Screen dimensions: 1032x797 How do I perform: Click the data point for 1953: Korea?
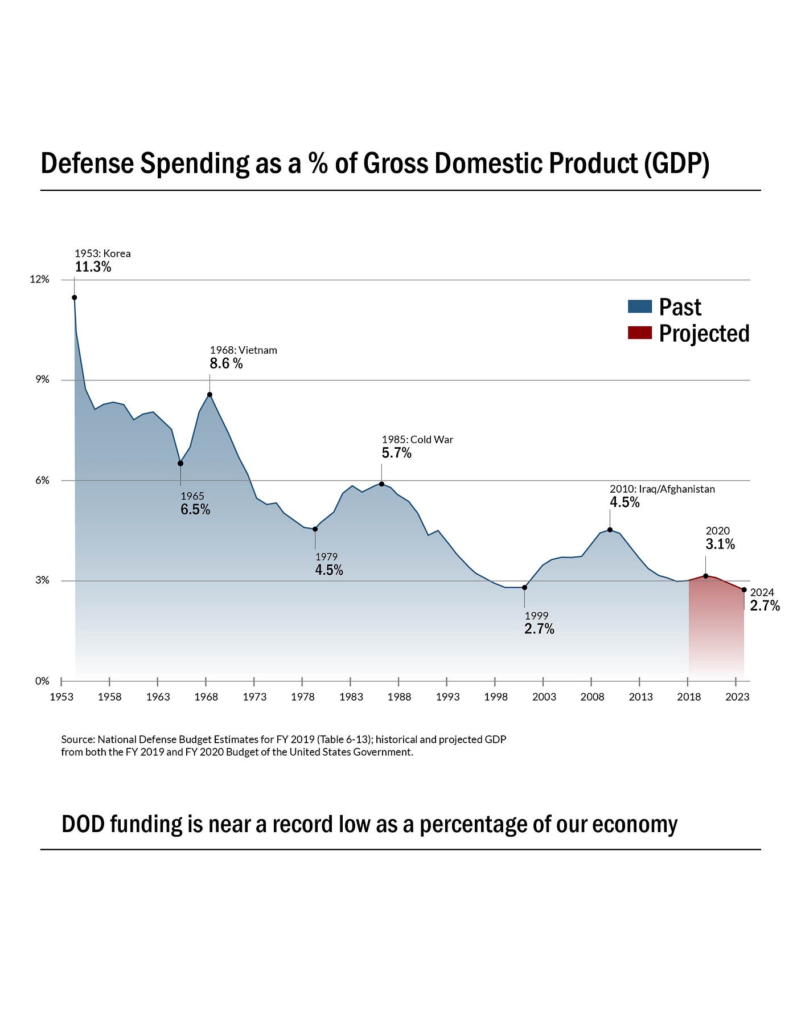(x=74, y=297)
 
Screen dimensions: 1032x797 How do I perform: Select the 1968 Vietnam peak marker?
(x=209, y=395)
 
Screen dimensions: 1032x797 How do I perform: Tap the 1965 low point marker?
(x=180, y=463)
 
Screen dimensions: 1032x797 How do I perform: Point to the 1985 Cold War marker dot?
(x=381, y=484)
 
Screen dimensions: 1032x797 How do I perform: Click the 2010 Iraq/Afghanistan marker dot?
(x=610, y=530)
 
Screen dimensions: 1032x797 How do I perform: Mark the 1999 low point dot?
(x=524, y=587)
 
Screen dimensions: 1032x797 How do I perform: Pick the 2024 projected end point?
(x=744, y=590)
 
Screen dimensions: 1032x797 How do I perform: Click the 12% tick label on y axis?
(x=40, y=280)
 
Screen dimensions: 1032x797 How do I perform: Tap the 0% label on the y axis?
(x=43, y=681)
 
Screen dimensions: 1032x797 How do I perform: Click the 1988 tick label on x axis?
(x=399, y=697)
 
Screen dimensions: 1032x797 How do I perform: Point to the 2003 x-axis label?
(x=544, y=697)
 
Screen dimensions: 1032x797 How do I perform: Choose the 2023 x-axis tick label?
(x=737, y=697)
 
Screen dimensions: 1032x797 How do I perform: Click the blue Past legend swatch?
(x=639, y=306)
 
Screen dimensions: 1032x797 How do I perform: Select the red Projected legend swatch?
(x=639, y=333)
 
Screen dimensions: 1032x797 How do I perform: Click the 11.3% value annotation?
(x=93, y=267)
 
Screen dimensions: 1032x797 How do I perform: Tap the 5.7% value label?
(x=396, y=453)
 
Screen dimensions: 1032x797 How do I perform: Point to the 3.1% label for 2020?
(x=720, y=544)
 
